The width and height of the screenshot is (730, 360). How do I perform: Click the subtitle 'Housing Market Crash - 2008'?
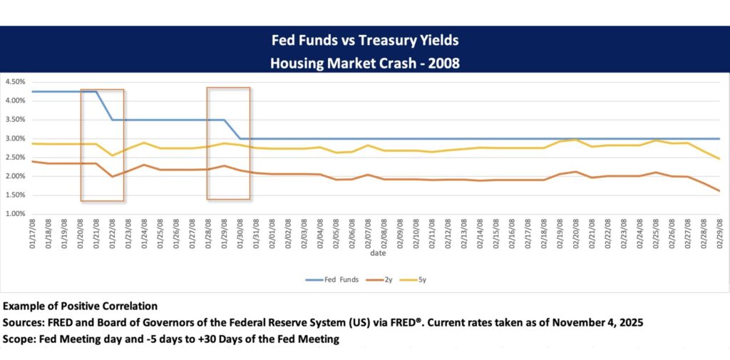tap(364, 63)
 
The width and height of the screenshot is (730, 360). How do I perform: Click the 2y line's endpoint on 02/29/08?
tap(719, 191)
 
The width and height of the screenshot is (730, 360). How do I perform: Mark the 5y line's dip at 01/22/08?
tap(113, 155)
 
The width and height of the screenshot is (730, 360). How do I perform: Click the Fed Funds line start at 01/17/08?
tap(33, 91)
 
